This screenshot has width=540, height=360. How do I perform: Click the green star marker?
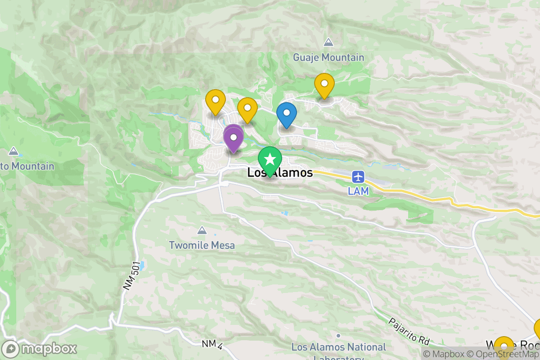pos(270,160)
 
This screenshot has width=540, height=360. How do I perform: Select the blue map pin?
pos(286,113)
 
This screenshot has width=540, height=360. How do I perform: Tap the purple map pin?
pos(234,137)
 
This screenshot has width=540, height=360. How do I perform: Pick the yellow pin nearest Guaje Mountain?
pos(324,84)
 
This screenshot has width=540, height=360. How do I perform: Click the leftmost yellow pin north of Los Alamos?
pos(216,100)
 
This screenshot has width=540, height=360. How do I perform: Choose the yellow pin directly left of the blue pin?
pos(247,108)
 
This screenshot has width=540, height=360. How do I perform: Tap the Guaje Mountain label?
pos(328,58)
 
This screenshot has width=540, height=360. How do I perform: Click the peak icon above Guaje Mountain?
pos(328,42)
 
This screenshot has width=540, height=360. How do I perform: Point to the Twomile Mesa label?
pos(202,246)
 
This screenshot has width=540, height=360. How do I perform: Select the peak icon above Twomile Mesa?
pos(202,230)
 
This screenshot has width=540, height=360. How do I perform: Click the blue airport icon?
pos(359,176)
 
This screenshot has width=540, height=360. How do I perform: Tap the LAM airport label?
pos(359,191)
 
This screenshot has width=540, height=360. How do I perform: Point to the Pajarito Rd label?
pos(409,333)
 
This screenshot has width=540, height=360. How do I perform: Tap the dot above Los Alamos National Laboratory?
pos(338,335)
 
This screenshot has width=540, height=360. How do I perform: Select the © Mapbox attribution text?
pos(444,354)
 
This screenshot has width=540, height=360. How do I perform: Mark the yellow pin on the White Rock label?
pos(504,346)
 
